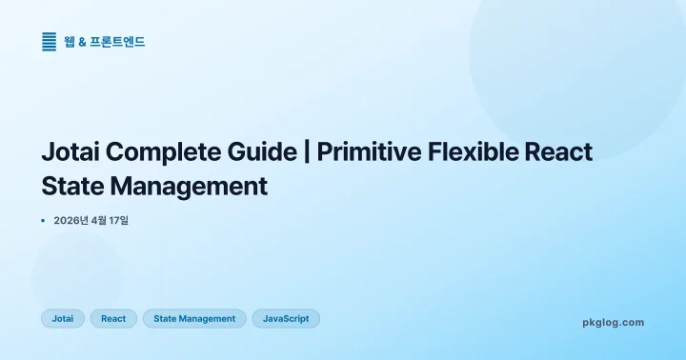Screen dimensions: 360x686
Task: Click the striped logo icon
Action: point(50,42)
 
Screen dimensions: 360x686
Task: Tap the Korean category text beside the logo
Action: point(105,42)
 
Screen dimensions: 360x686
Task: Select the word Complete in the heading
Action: point(165,152)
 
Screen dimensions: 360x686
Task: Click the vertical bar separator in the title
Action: point(307,152)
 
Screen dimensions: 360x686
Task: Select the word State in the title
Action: point(71,186)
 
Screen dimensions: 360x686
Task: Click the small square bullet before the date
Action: point(43,221)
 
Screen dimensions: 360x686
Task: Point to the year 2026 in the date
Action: point(67,221)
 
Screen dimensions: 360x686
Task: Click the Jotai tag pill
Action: point(63,319)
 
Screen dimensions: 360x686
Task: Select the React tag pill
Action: point(113,319)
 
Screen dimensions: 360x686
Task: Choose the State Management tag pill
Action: point(194,319)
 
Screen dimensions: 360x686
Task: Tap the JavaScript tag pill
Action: point(286,319)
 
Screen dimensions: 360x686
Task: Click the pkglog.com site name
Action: point(613,323)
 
